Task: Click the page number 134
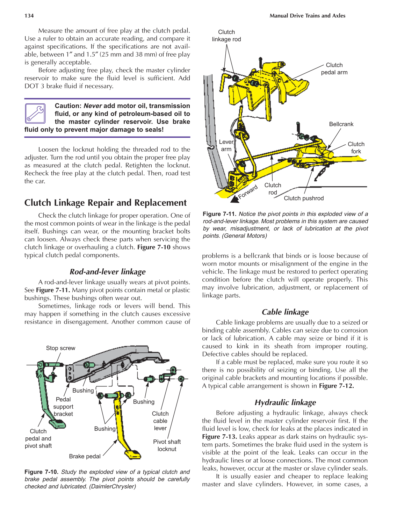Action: pyautogui.click(x=29, y=16)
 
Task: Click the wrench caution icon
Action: pyautogui.click(x=35, y=114)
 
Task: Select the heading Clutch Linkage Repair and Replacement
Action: pyautogui.click(x=106, y=203)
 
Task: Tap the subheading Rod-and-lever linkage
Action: pyautogui.click(x=108, y=272)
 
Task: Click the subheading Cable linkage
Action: pyautogui.click(x=285, y=312)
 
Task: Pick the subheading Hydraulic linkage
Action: pyautogui.click(x=285, y=402)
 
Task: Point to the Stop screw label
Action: pyautogui.click(x=60, y=348)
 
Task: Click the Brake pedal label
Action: pyautogui.click(x=85, y=456)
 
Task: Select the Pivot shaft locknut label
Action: pyautogui.click(x=167, y=445)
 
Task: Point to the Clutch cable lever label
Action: pyautogui.click(x=160, y=421)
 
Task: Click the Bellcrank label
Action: pyautogui.click(x=341, y=124)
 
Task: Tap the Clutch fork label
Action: pyautogui.click(x=356, y=148)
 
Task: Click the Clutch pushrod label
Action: pyautogui.click(x=304, y=198)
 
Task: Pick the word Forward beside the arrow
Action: pyautogui.click(x=248, y=192)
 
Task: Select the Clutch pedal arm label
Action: pyautogui.click(x=334, y=69)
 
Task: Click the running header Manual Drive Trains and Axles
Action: pyautogui.click(x=307, y=16)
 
